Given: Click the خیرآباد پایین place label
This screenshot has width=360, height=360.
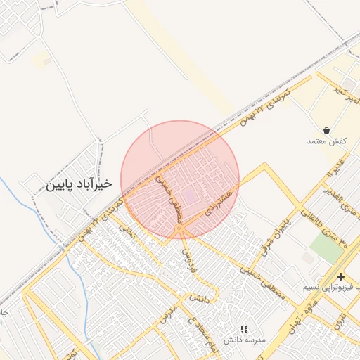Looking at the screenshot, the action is [x=79, y=184].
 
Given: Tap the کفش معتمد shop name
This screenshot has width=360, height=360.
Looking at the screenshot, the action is [x=328, y=142].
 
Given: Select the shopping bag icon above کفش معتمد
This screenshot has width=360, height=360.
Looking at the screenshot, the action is [x=328, y=130].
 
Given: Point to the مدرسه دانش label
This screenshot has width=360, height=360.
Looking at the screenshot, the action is [x=245, y=340].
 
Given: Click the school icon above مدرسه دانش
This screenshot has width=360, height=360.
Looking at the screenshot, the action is [x=245, y=328].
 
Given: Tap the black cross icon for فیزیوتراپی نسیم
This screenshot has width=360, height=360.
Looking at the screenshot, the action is [x=340, y=276].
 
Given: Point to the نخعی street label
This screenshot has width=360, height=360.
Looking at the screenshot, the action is [x=127, y=229].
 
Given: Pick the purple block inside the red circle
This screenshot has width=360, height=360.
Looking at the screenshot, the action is [x=191, y=195].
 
